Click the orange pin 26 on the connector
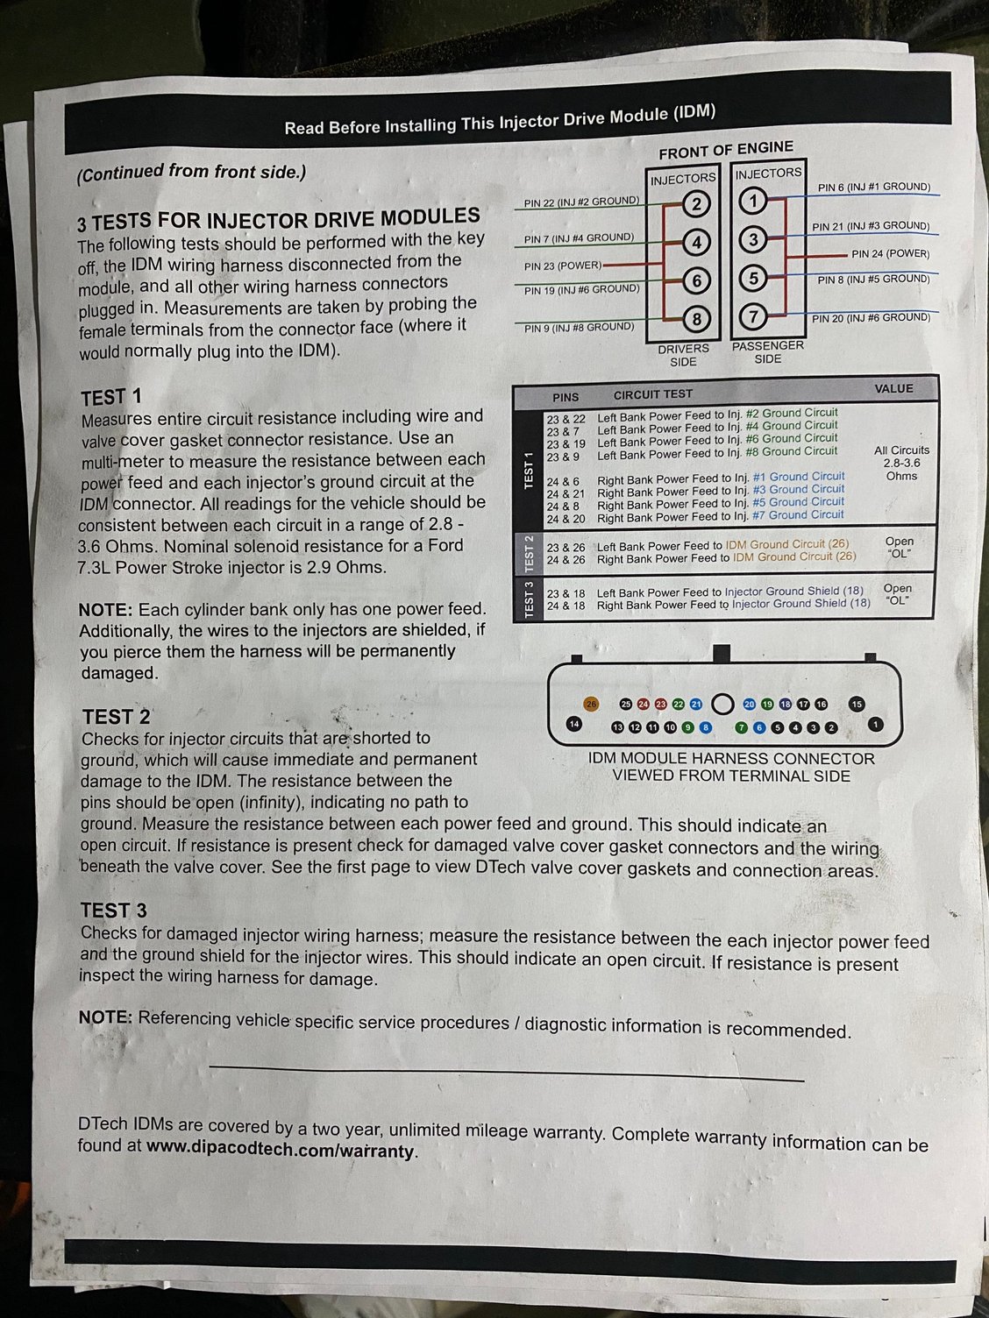591,704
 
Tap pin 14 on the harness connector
573,724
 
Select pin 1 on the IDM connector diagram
875,724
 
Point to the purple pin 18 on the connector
786,704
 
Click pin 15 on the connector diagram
857,704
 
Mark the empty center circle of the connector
722,704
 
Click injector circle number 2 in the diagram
696,204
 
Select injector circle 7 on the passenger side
754,316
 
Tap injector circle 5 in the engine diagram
754,279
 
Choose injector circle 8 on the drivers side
696,319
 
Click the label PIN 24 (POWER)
890,254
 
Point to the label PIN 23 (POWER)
563,265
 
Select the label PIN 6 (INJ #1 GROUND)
873,187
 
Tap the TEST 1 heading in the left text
111,397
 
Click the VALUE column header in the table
893,388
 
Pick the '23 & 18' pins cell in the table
566,593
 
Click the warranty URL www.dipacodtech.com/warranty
281,1149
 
